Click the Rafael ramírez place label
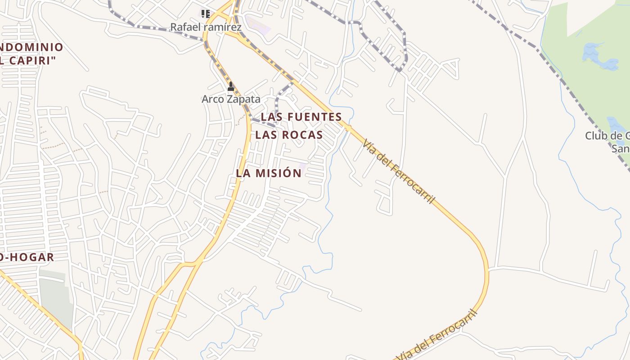point(206,27)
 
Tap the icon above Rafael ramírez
point(205,13)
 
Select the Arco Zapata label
point(231,99)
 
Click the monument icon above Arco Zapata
point(231,86)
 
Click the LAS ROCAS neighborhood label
point(289,135)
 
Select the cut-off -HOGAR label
point(28,257)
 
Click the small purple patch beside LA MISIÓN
point(302,167)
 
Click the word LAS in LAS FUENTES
point(271,117)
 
